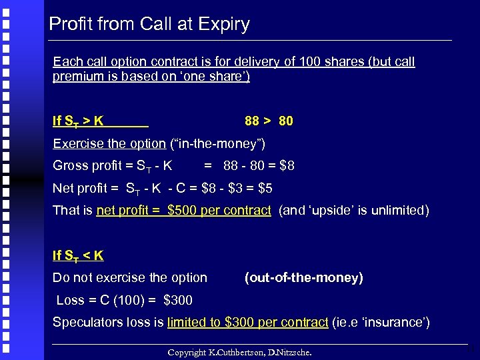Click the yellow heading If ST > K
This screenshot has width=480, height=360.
(x=78, y=121)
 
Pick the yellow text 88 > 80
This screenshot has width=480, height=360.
(x=269, y=121)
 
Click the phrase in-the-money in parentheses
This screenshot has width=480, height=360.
(x=218, y=143)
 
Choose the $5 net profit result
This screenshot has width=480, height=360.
(x=265, y=188)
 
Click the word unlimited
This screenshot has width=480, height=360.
(x=397, y=210)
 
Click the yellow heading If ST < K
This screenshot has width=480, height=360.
(x=78, y=255)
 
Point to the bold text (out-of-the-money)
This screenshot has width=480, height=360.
(x=303, y=277)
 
